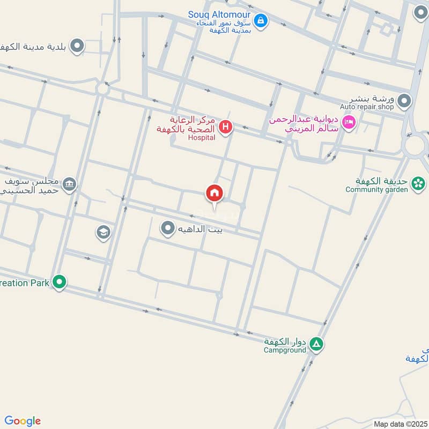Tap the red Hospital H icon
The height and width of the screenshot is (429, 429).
coord(226,127)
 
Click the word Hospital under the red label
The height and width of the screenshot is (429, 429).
coord(202,138)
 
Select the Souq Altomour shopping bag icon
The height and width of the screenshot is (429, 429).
coord(261,21)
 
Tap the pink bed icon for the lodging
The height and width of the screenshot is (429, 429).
coord(349,123)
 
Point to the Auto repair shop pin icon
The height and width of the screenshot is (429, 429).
coord(404,100)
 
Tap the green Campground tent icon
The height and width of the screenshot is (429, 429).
coord(316,344)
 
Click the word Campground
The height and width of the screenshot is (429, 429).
coord(285,350)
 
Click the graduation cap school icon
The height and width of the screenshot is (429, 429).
coord(103,232)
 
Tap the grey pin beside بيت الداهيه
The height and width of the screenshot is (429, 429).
coord(168,229)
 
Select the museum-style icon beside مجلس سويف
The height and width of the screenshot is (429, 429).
coord(70,184)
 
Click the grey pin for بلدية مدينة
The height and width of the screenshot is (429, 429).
coord(78,46)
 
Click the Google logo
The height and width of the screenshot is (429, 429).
coord(23,421)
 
